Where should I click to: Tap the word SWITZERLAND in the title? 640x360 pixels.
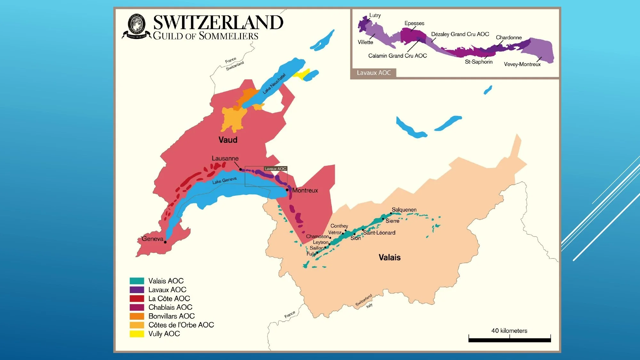coord(218,22)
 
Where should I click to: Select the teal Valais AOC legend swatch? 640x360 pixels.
coord(137,281)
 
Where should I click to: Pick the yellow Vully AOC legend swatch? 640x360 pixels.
coord(137,334)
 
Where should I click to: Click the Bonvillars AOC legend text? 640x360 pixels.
coord(172,316)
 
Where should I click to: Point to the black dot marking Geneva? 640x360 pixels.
coord(165,242)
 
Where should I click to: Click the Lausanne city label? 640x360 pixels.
coord(225,158)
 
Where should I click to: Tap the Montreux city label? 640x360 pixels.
coord(305,190)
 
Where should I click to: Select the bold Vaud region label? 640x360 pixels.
coord(228,140)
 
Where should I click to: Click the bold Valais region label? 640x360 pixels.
coord(389,257)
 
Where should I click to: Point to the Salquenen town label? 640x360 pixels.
coord(404,210)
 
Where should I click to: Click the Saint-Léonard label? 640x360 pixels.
coord(380,233)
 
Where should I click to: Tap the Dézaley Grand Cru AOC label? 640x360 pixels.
coord(460,34)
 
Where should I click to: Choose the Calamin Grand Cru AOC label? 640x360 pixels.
coord(397,56)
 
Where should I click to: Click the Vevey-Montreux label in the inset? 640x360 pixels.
coord(522,64)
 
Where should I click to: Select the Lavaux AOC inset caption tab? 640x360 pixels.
coord(374,73)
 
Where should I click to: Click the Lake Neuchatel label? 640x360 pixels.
coord(274,84)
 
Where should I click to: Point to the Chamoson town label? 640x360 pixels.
coord(317,236)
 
